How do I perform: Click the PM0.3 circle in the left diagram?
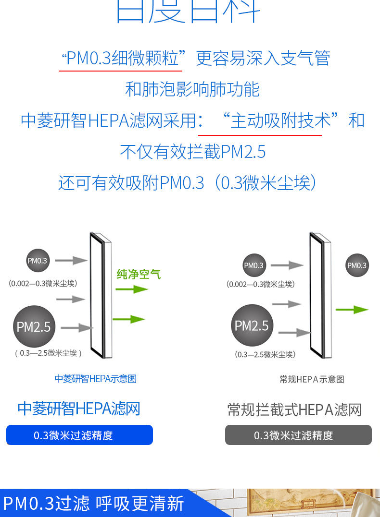38,261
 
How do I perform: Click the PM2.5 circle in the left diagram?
34,327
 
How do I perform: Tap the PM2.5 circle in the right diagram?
252,326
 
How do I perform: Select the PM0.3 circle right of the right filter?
357,265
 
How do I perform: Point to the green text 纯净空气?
139,275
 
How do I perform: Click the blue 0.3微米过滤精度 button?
79,435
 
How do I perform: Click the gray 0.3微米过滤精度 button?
298,435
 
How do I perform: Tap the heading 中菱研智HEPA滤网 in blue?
79,409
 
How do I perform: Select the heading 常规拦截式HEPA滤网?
294,409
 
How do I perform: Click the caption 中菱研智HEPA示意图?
96,379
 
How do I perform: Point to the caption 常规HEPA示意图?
312,379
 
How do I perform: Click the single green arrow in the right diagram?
352,310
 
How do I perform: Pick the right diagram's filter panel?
319,295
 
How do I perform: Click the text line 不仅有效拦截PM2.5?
192,152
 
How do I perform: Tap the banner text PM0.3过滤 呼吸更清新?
94,504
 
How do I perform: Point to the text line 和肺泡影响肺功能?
192,89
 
